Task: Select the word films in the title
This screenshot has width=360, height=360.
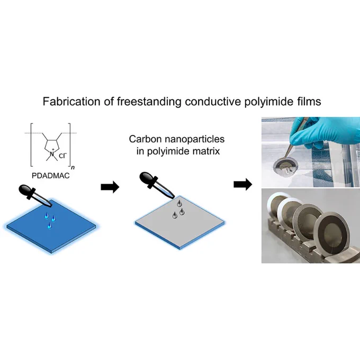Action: pyautogui.click(x=308, y=102)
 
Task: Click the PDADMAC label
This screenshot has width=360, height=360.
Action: pyautogui.click(x=50, y=176)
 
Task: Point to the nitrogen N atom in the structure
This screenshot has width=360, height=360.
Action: pyautogui.click(x=52, y=154)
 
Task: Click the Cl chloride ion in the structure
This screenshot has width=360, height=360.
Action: pyautogui.click(x=62, y=156)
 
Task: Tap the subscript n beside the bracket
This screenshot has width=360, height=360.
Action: pyautogui.click(x=73, y=168)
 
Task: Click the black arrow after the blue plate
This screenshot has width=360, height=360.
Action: pyautogui.click(x=110, y=187)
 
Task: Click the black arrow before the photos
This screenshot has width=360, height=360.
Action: pyautogui.click(x=243, y=184)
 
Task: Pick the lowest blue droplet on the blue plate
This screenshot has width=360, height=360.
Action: pyautogui.click(x=49, y=226)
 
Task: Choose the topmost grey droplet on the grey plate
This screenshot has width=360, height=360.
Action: pyautogui.click(x=179, y=203)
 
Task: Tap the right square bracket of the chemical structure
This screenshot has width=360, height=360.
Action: pyautogui.click(x=69, y=145)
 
